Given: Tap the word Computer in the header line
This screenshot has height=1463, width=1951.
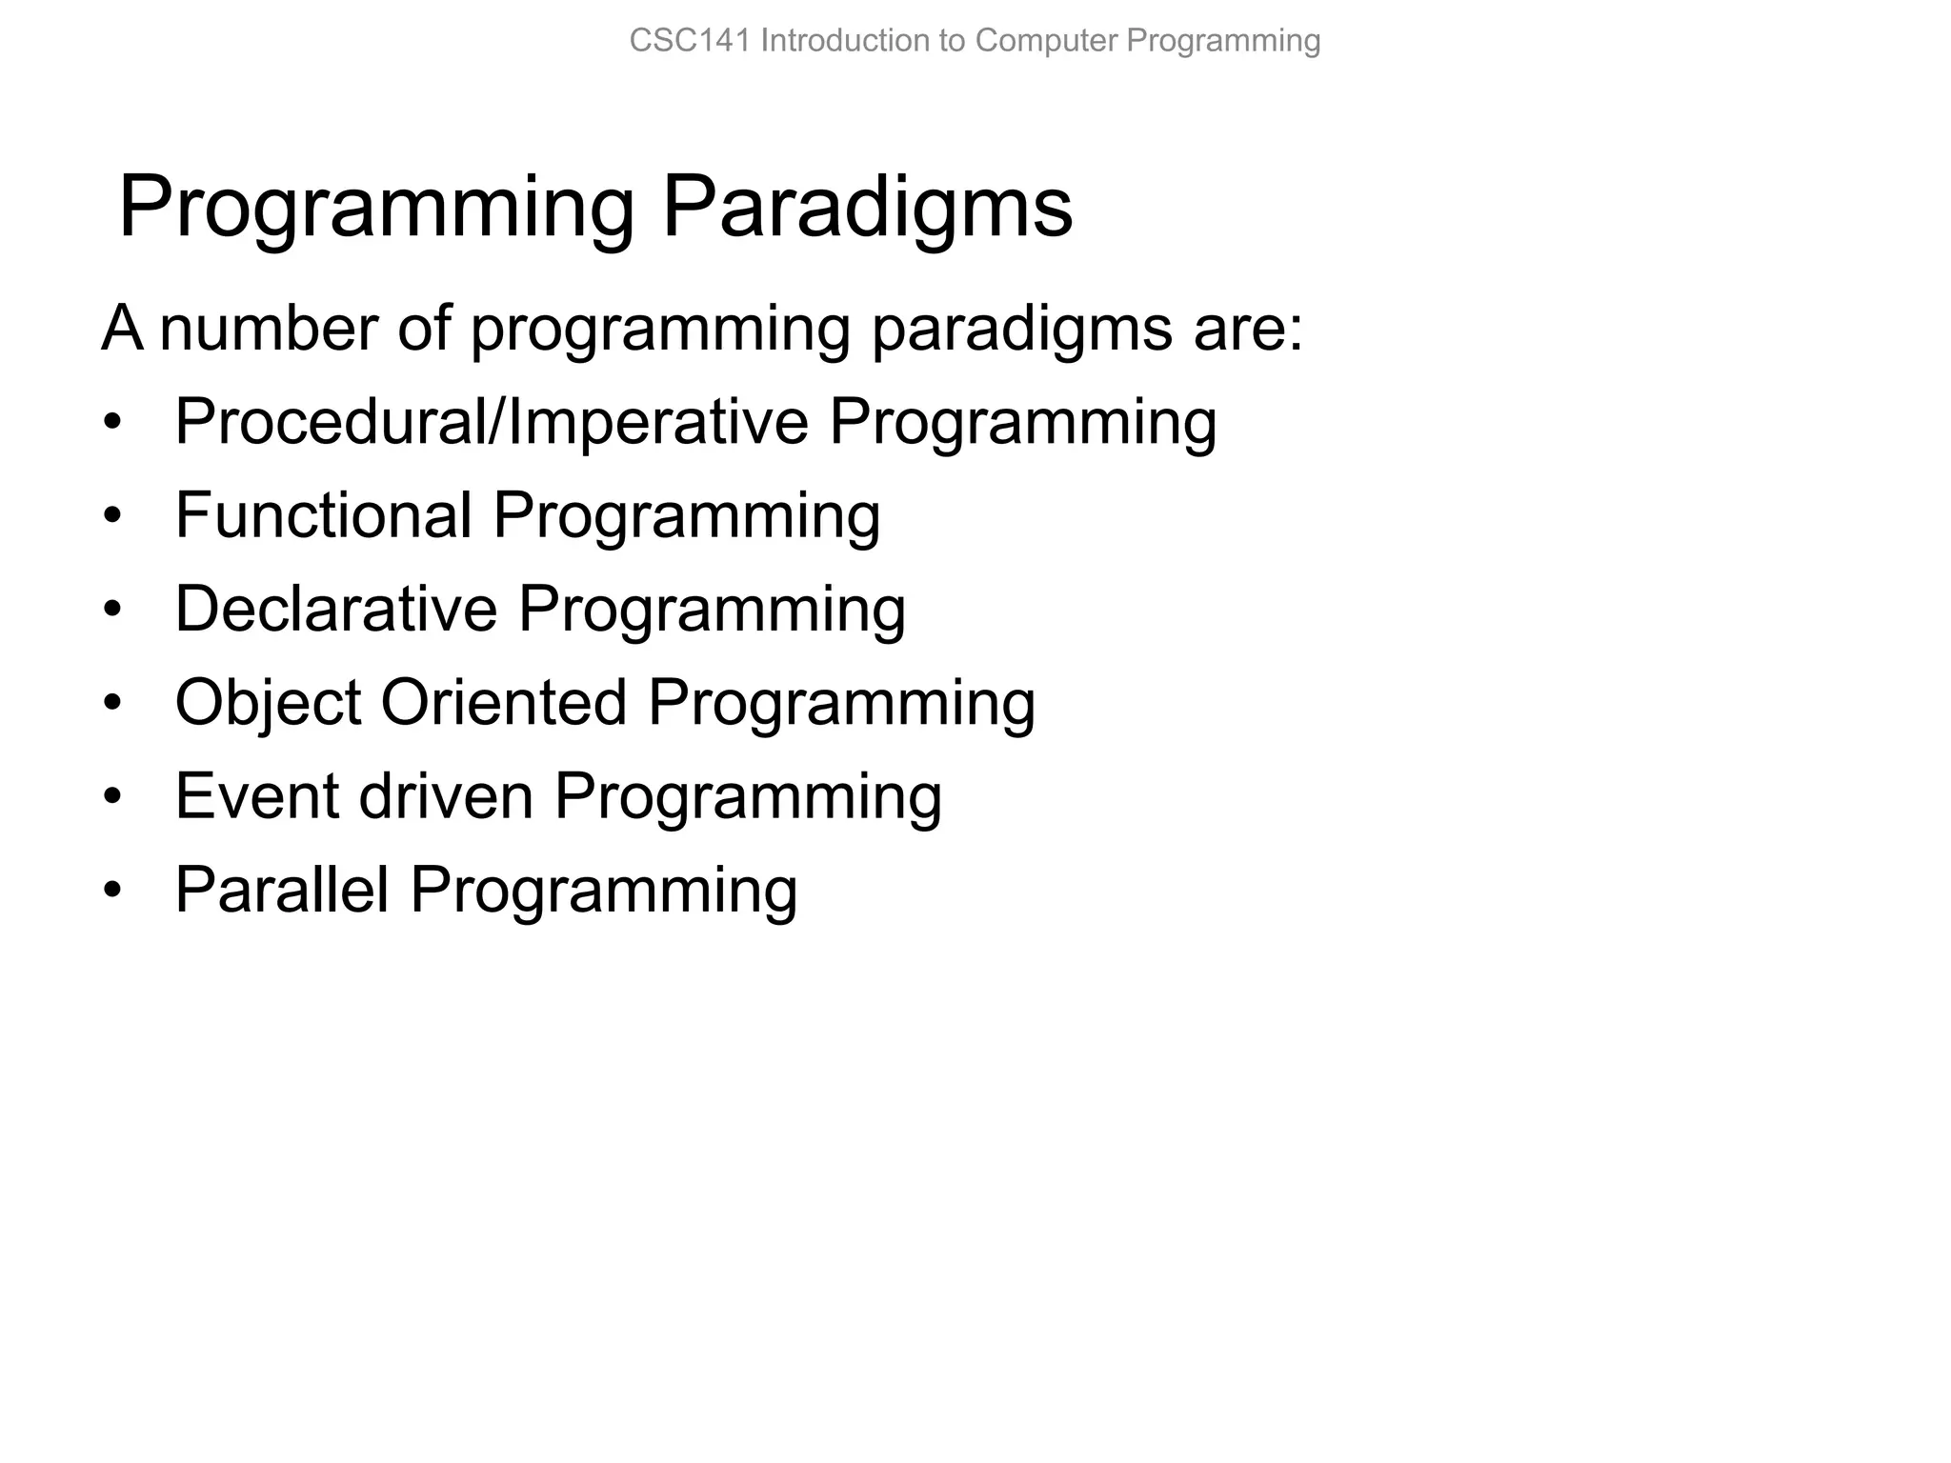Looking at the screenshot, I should point(1046,41).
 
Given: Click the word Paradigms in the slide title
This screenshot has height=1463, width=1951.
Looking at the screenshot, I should point(867,207).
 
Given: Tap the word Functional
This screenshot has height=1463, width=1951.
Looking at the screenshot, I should point(324,514).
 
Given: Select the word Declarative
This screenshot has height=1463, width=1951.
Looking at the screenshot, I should point(336,608).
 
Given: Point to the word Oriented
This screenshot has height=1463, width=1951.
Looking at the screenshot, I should point(504,702).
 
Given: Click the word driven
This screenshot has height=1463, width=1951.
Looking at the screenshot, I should point(445,795).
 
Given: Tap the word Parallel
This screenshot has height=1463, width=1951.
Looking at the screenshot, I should point(282,889).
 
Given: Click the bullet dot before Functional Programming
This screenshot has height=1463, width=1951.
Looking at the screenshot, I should point(113,516).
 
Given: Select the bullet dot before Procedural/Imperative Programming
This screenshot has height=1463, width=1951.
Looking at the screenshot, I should point(113,423).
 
